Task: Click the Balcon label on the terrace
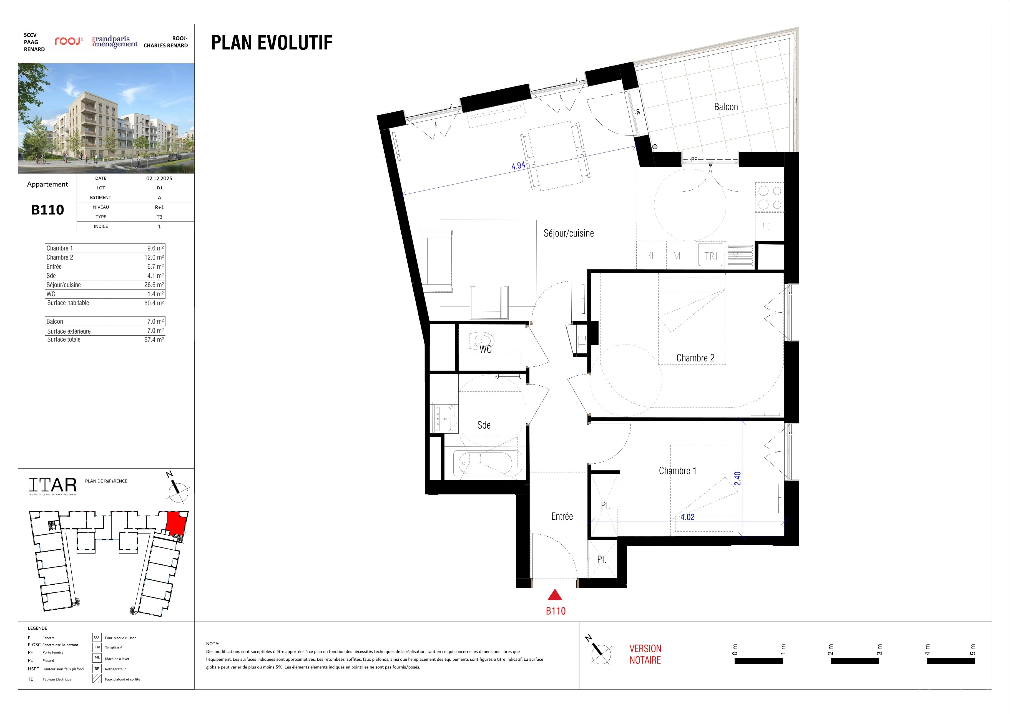pyautogui.click(x=726, y=107)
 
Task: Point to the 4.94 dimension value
pyautogui.click(x=518, y=166)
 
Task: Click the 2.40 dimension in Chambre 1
pyautogui.click(x=738, y=479)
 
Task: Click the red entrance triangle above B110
pyautogui.click(x=555, y=595)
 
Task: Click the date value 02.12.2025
pyautogui.click(x=159, y=178)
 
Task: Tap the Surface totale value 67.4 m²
pyautogui.click(x=154, y=340)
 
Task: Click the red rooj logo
pyautogui.click(x=69, y=41)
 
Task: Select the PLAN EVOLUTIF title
pyautogui.click(x=272, y=43)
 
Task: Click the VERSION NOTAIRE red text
pyautogui.click(x=645, y=654)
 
